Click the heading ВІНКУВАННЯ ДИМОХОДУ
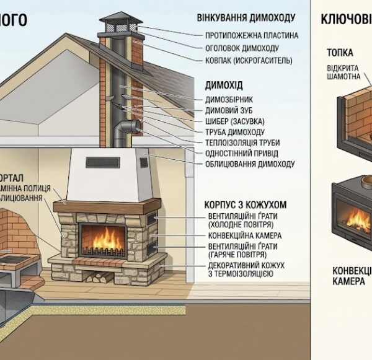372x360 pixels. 246,17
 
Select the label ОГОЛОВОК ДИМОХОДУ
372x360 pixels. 241,48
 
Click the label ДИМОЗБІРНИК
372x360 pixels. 229,99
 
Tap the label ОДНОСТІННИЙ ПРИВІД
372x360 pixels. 241,153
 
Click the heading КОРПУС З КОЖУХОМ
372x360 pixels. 245,203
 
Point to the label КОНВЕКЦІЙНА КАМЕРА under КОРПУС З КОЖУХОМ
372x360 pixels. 245,235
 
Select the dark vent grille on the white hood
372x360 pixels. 102,162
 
